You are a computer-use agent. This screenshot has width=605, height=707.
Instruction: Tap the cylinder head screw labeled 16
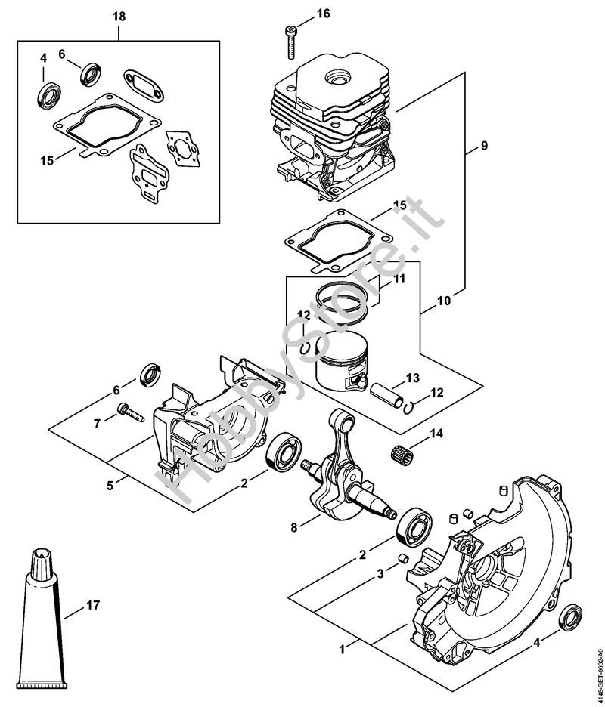(291, 42)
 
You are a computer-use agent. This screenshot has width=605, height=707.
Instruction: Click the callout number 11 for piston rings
(399, 279)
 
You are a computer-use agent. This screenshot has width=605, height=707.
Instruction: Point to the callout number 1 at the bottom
(343, 647)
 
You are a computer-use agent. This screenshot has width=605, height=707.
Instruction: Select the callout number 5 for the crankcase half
(110, 485)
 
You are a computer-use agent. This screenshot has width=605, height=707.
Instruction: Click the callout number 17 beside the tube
(93, 604)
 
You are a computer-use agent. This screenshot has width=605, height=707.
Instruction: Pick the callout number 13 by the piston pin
(411, 378)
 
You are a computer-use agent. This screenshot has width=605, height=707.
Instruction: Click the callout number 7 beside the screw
(96, 423)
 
